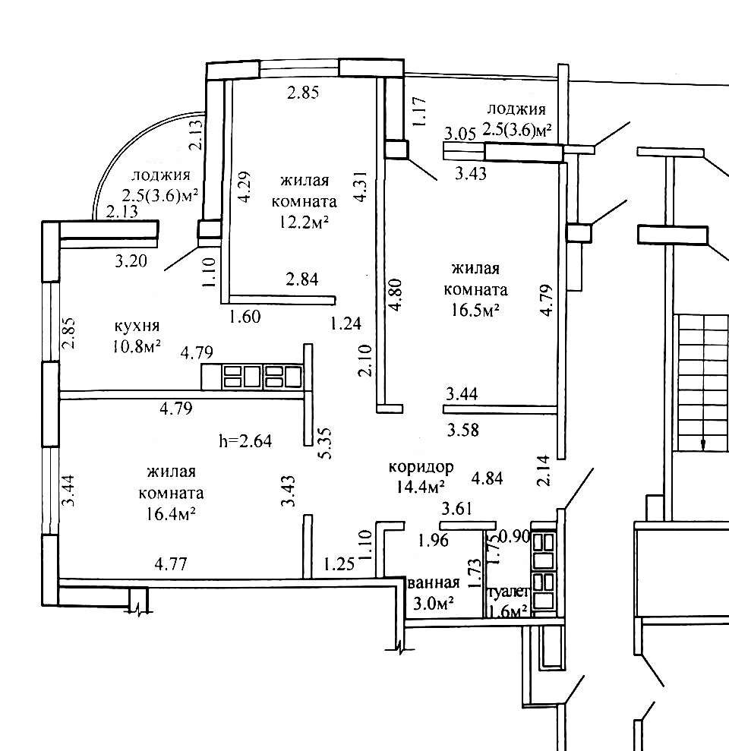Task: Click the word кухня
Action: point(136,327)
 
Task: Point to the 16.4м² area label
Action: point(171,513)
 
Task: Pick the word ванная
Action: point(434,583)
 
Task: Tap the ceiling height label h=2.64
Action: point(245,440)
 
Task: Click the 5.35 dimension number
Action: point(325,442)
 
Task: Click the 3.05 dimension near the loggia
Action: point(460,134)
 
